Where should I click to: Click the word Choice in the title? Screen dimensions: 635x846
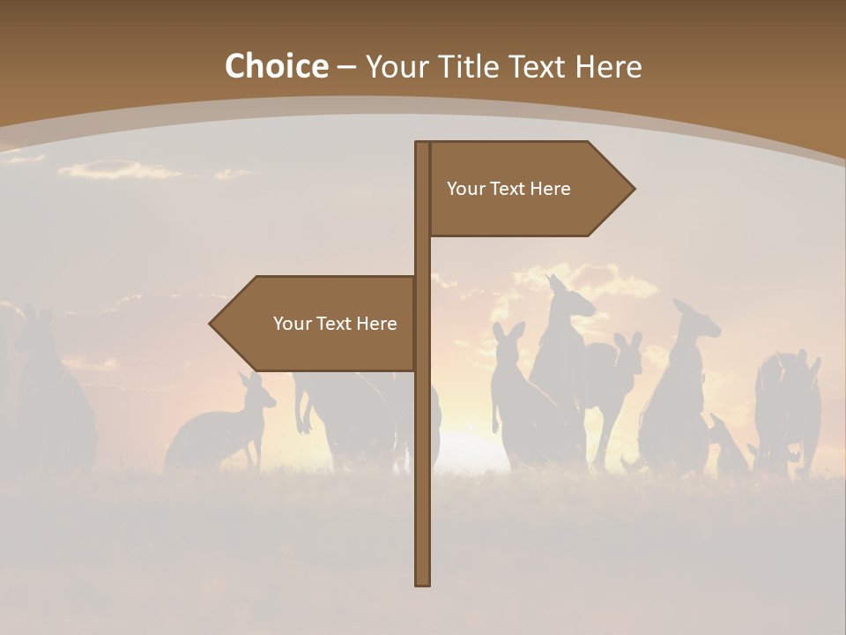[276, 67]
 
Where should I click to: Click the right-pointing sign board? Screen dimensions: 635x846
[520, 189]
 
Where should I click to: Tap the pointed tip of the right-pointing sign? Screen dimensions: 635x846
[633, 188]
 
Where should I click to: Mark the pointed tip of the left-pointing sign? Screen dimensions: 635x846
[211, 324]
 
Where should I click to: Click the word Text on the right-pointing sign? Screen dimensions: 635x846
[508, 189]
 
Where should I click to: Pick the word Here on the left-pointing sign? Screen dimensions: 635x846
[376, 324]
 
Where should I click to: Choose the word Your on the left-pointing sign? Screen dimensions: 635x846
[292, 324]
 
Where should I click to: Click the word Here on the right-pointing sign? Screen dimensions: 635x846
[551, 189]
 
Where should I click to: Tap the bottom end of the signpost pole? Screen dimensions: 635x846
[423, 582]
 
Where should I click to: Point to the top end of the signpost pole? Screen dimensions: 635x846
[423, 144]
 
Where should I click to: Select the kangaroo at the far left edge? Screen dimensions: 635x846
[53, 397]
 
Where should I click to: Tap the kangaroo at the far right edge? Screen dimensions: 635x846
[789, 406]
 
